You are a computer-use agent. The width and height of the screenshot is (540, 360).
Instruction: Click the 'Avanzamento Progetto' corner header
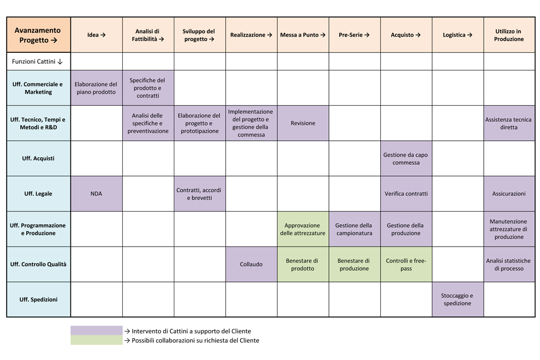39,35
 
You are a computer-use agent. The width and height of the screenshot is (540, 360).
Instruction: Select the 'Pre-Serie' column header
355,35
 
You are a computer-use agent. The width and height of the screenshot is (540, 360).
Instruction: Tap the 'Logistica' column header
458,35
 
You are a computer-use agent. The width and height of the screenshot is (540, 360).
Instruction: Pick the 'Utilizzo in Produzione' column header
509,35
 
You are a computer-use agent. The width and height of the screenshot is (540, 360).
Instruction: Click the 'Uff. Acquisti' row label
39,159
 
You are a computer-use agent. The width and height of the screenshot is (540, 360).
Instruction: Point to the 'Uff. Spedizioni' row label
39,299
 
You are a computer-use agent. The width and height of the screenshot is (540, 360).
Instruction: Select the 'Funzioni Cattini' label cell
39,61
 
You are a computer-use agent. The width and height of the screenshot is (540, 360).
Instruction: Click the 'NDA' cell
97,194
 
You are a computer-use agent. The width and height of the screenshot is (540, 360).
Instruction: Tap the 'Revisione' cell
303,123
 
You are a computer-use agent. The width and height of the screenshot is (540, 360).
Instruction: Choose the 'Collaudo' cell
251,264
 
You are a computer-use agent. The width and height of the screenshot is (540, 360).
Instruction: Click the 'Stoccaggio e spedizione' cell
458,299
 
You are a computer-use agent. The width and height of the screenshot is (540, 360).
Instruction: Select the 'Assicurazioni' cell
509,194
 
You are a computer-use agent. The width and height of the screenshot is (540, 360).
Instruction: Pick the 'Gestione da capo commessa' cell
406,159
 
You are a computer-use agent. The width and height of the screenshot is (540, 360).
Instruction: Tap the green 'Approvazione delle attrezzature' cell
303,229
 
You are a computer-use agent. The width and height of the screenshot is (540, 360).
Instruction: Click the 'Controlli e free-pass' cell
406,264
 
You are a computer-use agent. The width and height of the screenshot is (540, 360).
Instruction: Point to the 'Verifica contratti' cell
406,194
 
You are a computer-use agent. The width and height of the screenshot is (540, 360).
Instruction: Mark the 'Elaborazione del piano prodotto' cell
97,88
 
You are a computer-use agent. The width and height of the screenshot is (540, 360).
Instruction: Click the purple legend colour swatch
97,331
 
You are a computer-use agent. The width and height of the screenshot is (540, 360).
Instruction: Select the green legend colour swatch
97,340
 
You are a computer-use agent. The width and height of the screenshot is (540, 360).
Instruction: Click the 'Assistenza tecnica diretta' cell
509,123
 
